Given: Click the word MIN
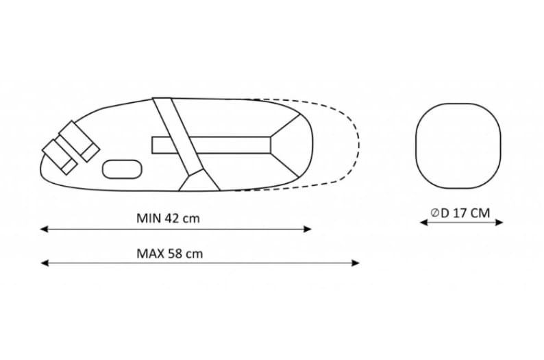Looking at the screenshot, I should (x=147, y=219).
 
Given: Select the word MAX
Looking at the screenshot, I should (x=149, y=253).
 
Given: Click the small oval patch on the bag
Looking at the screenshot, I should (x=121, y=167).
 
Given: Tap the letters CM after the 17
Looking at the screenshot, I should (x=482, y=213).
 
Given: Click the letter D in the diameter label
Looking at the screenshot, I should (x=445, y=213).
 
